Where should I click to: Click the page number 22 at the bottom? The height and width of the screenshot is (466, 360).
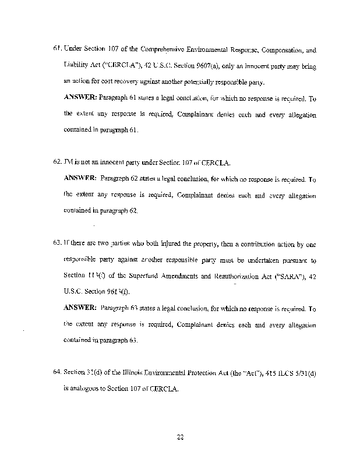tap(180, 431)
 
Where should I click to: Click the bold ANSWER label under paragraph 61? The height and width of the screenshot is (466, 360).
tap(81, 98)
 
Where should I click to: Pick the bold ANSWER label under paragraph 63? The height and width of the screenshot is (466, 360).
tap(81, 308)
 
